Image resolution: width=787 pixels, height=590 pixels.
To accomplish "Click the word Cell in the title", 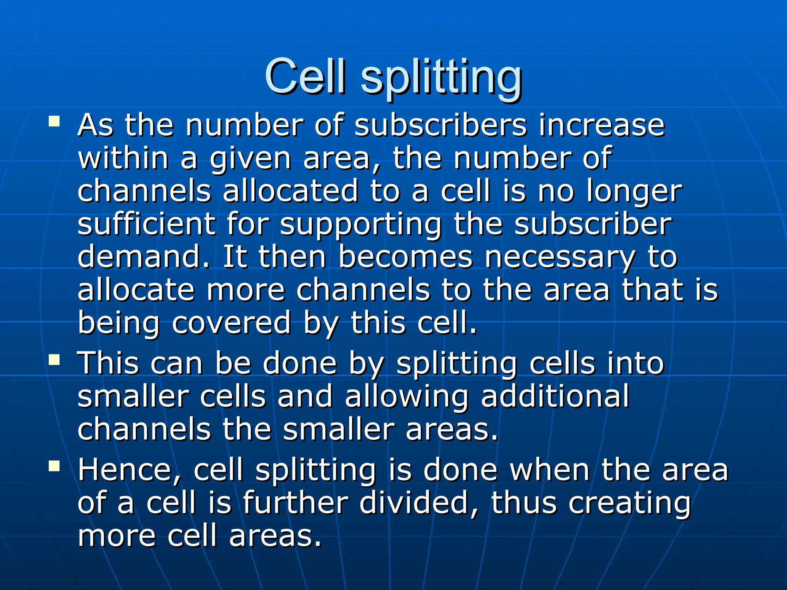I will point(306,77).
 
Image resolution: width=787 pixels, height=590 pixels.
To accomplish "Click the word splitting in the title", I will point(441,79).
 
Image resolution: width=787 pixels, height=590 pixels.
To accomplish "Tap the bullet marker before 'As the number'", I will point(54,122).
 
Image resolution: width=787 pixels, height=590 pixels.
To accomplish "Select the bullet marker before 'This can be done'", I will point(54,360).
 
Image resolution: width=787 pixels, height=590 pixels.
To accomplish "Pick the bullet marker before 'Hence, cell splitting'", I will point(54,466).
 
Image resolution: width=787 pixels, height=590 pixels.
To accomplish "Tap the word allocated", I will point(291,191).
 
